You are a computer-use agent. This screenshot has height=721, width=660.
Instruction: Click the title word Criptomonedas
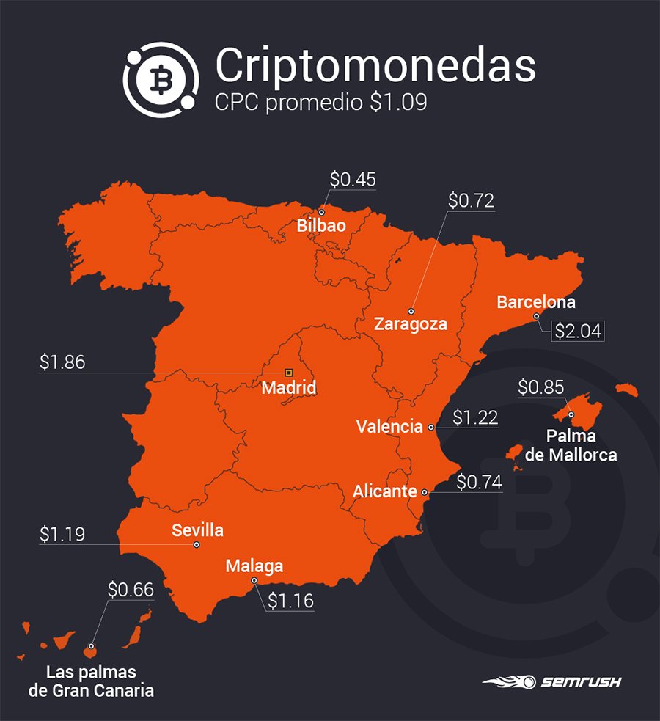pyautogui.click(x=375, y=66)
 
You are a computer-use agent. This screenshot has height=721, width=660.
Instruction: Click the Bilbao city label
pyautogui.click(x=321, y=225)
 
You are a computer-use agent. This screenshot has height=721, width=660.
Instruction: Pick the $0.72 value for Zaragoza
pyautogui.click(x=471, y=200)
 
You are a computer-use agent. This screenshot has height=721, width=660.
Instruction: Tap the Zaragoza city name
pyautogui.click(x=411, y=323)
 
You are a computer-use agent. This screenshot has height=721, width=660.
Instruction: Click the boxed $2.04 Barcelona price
pyautogui.click(x=578, y=331)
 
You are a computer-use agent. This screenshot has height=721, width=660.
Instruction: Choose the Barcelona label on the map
pyautogui.click(x=536, y=301)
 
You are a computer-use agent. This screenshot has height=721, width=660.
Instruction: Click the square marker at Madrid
pyautogui.click(x=288, y=373)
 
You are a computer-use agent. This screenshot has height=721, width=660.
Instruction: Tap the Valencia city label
pyautogui.click(x=389, y=426)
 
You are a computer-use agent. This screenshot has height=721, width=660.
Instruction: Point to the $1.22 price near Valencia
pyautogui.click(x=475, y=417)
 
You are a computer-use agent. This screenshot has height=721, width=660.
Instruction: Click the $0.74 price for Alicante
pyautogui.click(x=479, y=482)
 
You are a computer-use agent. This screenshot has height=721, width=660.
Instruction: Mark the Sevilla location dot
pyautogui.click(x=197, y=545)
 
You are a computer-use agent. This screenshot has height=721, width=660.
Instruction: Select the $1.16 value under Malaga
pyautogui.click(x=290, y=601)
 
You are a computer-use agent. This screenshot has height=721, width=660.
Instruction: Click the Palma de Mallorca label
pyautogui.click(x=571, y=446)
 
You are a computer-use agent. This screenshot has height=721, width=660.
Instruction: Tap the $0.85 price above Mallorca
pyautogui.click(x=542, y=386)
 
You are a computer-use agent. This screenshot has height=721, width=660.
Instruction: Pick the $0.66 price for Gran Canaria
pyautogui.click(x=131, y=589)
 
